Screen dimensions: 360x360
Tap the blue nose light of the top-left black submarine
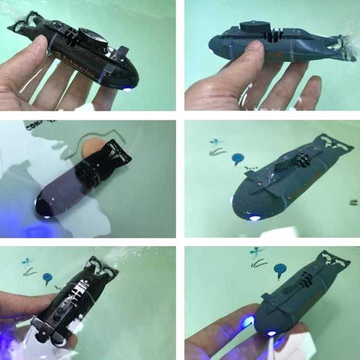coord(128,88)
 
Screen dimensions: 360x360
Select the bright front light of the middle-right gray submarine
coord(254,218)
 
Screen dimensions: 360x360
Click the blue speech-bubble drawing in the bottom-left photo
coord(47,277)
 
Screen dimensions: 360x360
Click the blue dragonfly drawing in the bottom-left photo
coord(27,262)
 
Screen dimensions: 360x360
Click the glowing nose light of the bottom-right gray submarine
coord(271,333)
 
